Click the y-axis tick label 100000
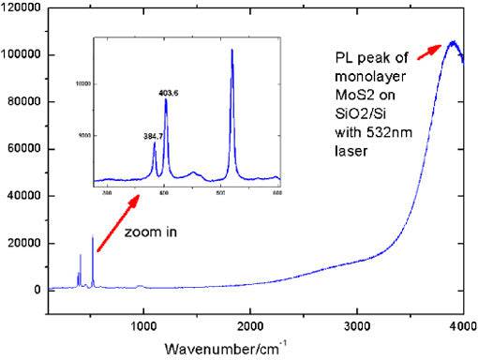click(x=19, y=55)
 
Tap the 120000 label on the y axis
click(x=19, y=8)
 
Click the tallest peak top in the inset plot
click(x=232, y=51)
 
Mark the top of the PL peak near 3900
click(x=453, y=42)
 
